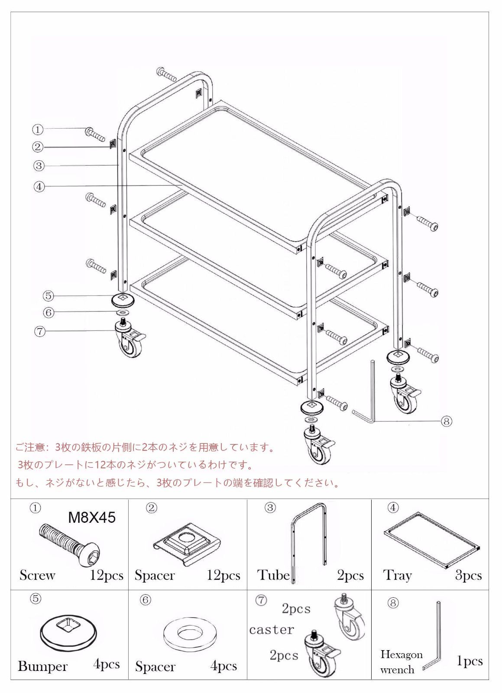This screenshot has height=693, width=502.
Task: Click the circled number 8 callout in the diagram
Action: pyautogui.click(x=447, y=421)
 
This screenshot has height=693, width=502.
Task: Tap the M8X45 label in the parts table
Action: pyautogui.click(x=92, y=517)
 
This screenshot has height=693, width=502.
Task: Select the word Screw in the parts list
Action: pyautogui.click(x=37, y=575)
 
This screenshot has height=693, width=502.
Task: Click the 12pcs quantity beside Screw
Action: pyautogui.click(x=107, y=575)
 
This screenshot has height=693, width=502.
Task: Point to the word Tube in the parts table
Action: pyautogui.click(x=273, y=575)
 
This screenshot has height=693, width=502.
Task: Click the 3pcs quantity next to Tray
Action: pyautogui.click(x=468, y=575)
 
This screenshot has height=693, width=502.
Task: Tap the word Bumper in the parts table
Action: pyautogui.click(x=42, y=666)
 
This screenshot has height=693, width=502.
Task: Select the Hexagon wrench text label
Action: pyautogui.click(x=401, y=662)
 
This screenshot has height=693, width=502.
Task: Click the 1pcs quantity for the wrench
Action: pyautogui.click(x=470, y=661)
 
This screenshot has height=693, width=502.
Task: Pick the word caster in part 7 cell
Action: pyautogui.click(x=272, y=629)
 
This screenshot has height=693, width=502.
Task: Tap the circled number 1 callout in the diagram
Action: pyautogui.click(x=38, y=129)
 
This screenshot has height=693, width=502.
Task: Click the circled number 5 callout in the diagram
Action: pyautogui.click(x=48, y=296)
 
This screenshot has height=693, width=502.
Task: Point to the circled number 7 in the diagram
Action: pyautogui.click(x=40, y=332)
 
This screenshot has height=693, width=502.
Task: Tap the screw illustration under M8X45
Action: pyautogui.click(x=69, y=544)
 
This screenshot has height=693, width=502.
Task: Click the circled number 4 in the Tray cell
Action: pyautogui.click(x=393, y=508)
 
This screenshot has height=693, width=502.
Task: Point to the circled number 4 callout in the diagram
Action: pyautogui.click(x=39, y=187)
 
